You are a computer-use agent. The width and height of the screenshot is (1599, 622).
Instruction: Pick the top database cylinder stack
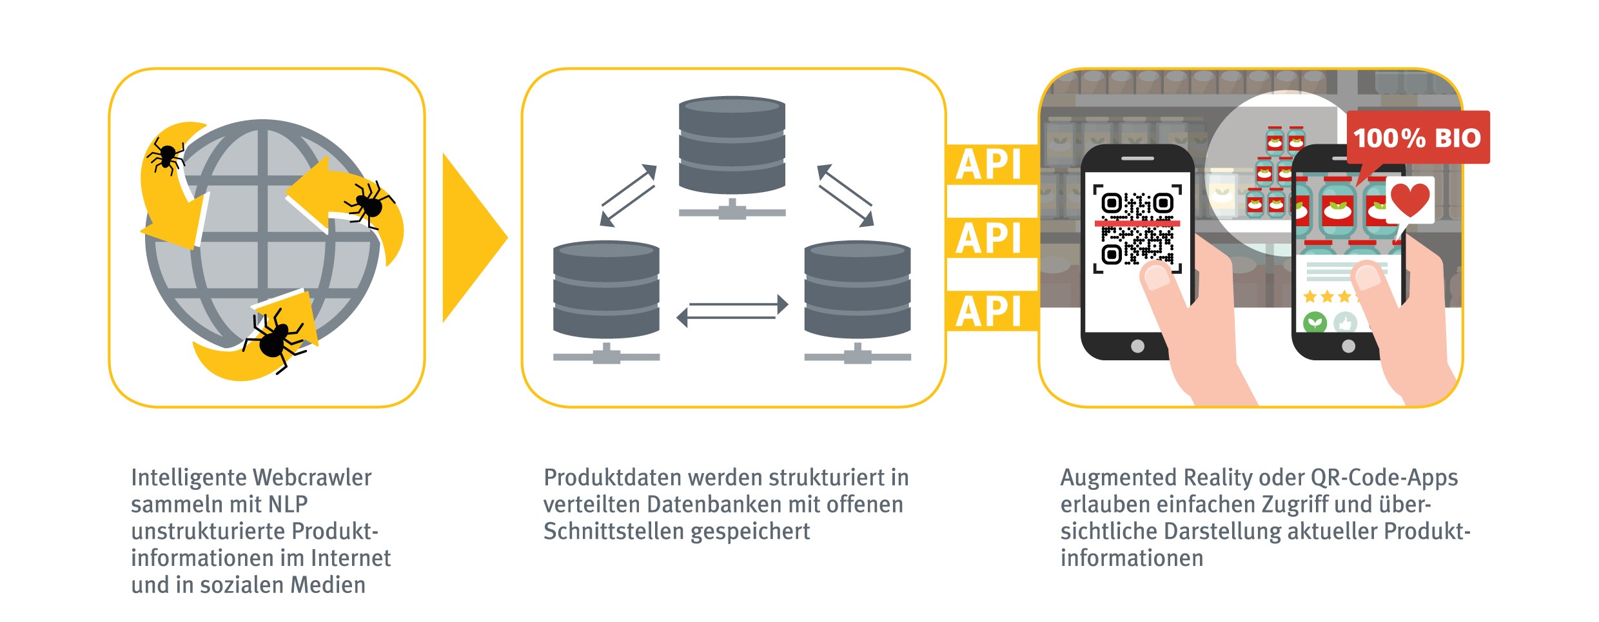click(x=732, y=146)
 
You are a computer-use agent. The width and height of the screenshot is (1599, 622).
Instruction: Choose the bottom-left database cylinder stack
click(x=606, y=290)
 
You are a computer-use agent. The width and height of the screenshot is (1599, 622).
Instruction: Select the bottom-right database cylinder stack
click(x=858, y=290)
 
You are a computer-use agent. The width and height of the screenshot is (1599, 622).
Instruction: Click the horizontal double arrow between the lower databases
click(x=732, y=310)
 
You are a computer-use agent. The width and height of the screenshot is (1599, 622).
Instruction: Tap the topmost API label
click(x=989, y=165)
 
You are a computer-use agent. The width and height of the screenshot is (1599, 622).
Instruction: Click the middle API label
click(x=989, y=238)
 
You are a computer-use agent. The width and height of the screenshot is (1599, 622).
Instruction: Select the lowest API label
click(x=989, y=312)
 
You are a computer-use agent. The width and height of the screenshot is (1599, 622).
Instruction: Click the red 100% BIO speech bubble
click(x=1417, y=138)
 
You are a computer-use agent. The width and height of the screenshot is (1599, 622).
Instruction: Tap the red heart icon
click(x=1410, y=200)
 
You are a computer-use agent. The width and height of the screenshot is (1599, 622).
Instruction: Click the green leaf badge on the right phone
click(x=1315, y=322)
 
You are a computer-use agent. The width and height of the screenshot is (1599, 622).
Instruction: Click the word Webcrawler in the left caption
click(x=312, y=478)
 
